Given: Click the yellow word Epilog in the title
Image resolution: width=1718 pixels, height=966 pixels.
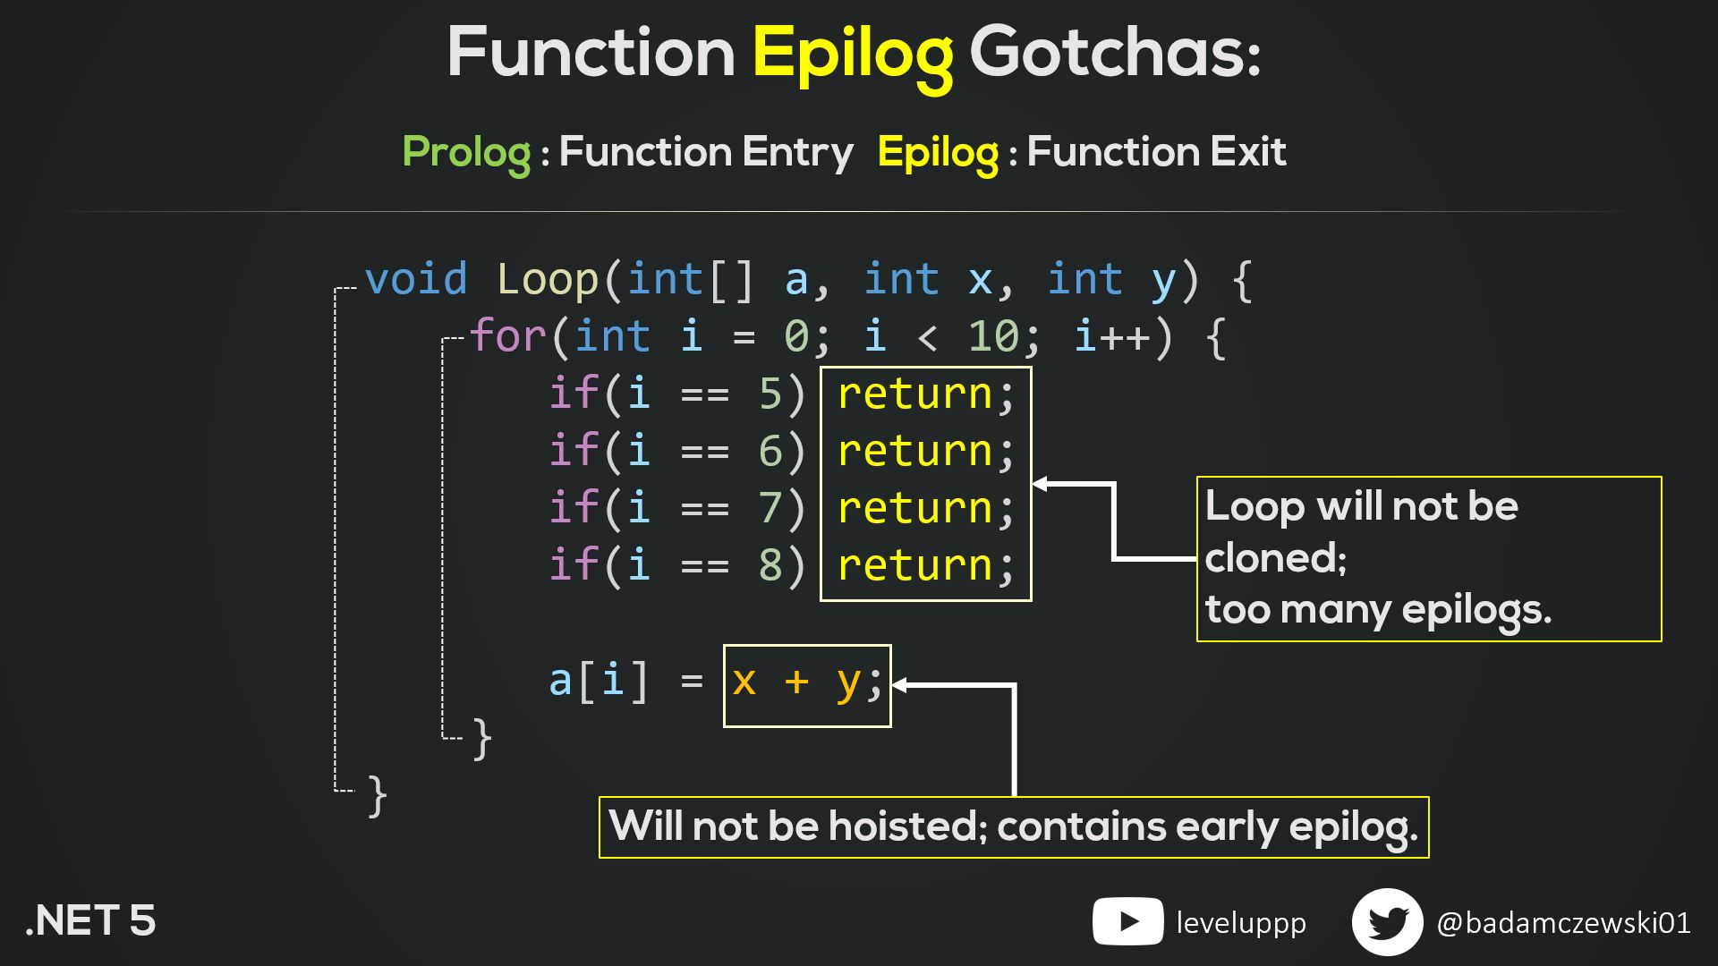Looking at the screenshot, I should tap(852, 54).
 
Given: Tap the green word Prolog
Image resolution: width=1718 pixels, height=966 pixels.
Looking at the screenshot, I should tap(466, 152).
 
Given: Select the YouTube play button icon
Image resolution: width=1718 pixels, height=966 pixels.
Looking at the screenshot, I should tap(1127, 921).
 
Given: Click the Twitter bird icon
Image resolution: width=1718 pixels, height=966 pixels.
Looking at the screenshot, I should tap(1387, 922).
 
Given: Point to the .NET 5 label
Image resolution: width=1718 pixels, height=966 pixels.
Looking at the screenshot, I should tap(90, 921).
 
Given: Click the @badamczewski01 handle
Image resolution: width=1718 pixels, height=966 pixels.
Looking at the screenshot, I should tap(1562, 922).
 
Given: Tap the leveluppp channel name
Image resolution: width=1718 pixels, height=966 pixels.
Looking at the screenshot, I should tap(1240, 922).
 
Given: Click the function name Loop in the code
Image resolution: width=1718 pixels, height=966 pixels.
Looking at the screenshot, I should tap(547, 279).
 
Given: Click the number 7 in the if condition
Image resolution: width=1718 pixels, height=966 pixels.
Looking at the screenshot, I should tap(770, 508).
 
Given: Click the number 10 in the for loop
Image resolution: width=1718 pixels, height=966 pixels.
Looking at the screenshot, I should tap(993, 337).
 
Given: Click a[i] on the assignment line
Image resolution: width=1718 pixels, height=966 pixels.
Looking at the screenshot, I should tap(598, 682).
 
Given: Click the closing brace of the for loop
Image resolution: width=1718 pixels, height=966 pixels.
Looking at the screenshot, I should tap(481, 739).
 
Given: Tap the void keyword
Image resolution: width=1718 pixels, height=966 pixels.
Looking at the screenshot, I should tap(416, 279).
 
